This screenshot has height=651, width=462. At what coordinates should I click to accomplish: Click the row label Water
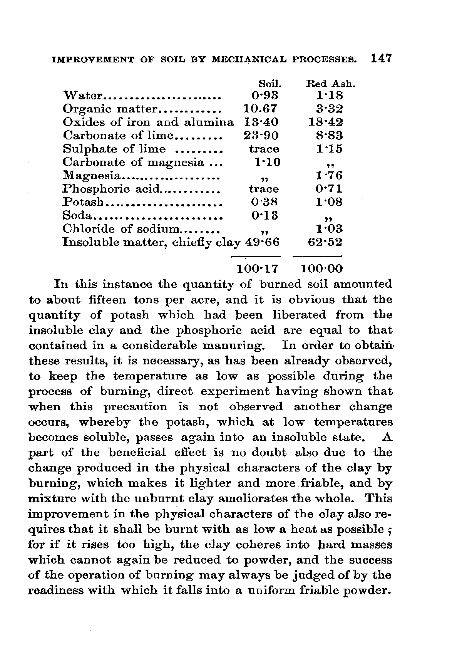[x=82, y=96]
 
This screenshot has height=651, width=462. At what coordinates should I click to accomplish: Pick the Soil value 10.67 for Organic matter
[x=260, y=109]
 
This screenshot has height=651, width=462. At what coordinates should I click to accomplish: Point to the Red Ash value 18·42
[x=325, y=122]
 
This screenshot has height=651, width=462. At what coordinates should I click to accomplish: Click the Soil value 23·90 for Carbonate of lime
[x=261, y=136]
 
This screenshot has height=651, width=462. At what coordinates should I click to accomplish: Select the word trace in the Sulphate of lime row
[x=264, y=149]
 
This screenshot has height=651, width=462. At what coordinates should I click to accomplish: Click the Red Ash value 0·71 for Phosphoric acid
[x=329, y=189]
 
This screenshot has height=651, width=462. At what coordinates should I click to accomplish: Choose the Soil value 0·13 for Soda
[x=264, y=215]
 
